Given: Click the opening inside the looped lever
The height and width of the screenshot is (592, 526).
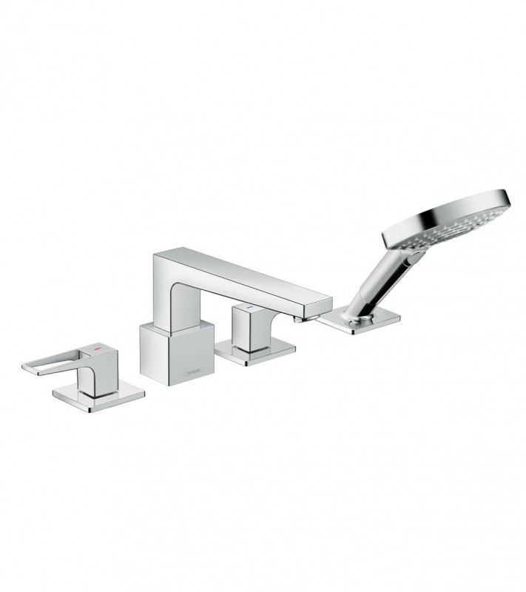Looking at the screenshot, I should coord(51,363).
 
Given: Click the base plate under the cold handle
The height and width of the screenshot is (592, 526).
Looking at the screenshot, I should coord(254,352).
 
